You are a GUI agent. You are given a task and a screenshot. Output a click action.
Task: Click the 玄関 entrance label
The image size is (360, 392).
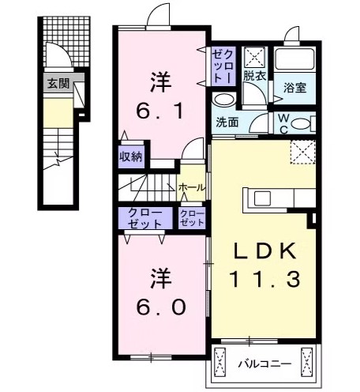(57, 83)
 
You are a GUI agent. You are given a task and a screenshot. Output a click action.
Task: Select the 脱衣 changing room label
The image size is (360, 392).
(253, 76)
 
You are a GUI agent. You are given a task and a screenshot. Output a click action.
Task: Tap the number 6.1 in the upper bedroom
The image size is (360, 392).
(163, 110)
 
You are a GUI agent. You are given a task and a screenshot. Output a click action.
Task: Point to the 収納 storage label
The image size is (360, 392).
(130, 156)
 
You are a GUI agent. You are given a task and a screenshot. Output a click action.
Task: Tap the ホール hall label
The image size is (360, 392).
(192, 187)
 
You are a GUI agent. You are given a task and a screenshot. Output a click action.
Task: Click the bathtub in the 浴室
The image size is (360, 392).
(295, 62)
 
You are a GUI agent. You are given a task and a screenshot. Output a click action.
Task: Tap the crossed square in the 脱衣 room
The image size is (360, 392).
(254, 57)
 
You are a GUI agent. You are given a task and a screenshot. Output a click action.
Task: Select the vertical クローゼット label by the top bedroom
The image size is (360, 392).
(220, 66)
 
